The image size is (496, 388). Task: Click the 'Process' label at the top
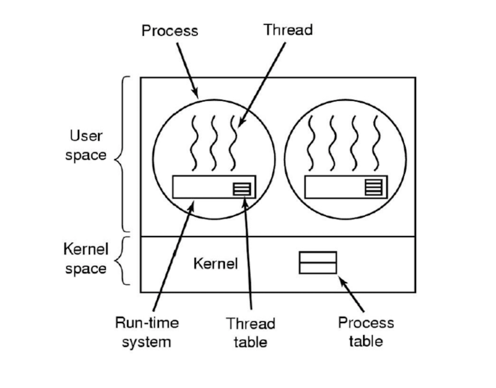[169, 30]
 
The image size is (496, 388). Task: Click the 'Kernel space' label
[85, 259]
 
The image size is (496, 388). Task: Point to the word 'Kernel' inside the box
[215, 264]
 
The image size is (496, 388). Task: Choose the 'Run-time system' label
[147, 332]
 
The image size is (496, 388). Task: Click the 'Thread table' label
[250, 332]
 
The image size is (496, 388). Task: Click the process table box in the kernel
[317, 263]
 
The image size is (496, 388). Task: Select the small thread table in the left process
[242, 188]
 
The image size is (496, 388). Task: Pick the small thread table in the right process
[373, 188]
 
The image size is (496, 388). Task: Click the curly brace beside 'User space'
[122, 154]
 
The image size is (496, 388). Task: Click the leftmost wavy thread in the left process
[193, 144]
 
